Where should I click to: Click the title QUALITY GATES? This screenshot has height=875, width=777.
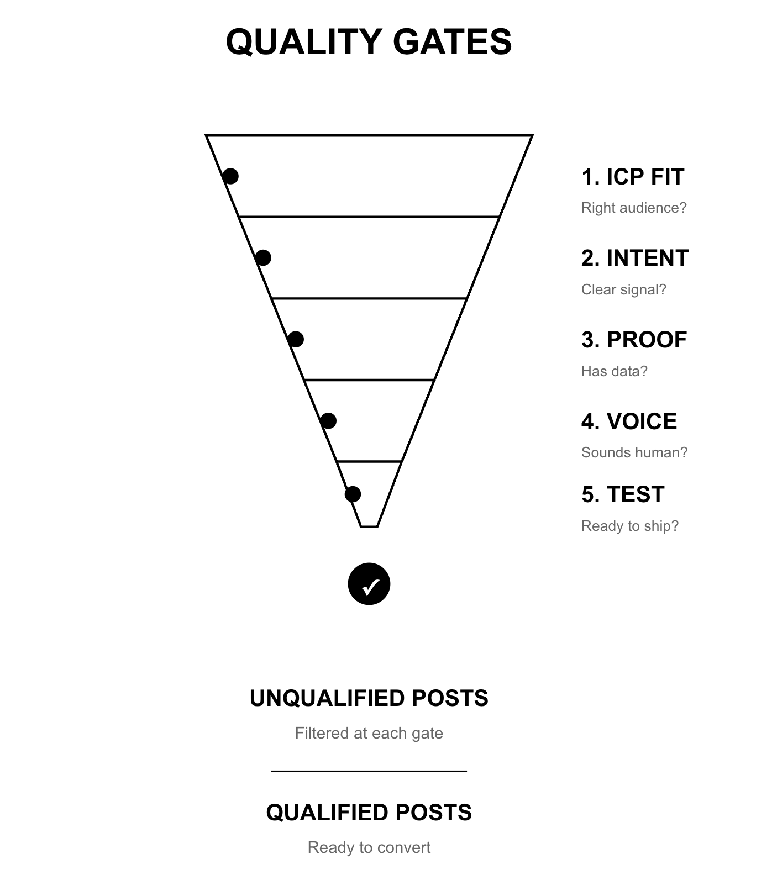pyautogui.click(x=369, y=42)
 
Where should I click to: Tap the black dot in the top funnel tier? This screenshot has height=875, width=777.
pyautogui.click(x=230, y=176)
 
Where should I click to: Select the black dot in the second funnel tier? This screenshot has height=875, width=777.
pyautogui.click(x=263, y=257)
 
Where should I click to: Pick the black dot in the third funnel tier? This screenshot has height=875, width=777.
pyautogui.click(x=296, y=339)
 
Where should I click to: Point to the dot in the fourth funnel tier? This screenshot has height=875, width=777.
pyautogui.click(x=328, y=421)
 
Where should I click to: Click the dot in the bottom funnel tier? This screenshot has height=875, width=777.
pyautogui.click(x=353, y=494)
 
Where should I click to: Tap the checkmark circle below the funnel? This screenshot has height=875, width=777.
pyautogui.click(x=369, y=584)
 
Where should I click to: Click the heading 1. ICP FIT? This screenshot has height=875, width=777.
pyautogui.click(x=633, y=177)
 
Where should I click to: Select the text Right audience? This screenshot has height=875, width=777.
pyautogui.click(x=634, y=208)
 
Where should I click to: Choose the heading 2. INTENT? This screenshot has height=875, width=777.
pyautogui.click(x=635, y=258)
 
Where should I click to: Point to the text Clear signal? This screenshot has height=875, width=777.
pyautogui.click(x=624, y=289)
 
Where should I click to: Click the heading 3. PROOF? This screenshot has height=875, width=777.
pyautogui.click(x=634, y=340)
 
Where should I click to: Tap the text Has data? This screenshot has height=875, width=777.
pyautogui.click(x=614, y=371)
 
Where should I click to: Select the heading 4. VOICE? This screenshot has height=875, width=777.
pyautogui.click(x=629, y=421)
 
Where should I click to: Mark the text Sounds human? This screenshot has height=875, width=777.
pyautogui.click(x=634, y=452)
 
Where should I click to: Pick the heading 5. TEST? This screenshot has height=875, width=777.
pyautogui.click(x=623, y=494)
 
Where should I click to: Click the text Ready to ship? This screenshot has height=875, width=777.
pyautogui.click(x=629, y=526)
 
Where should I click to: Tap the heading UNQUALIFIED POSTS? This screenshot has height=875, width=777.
pyautogui.click(x=369, y=698)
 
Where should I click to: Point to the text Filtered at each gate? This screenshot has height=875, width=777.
pyautogui.click(x=369, y=733)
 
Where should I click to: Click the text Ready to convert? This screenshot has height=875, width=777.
pyautogui.click(x=369, y=847)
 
